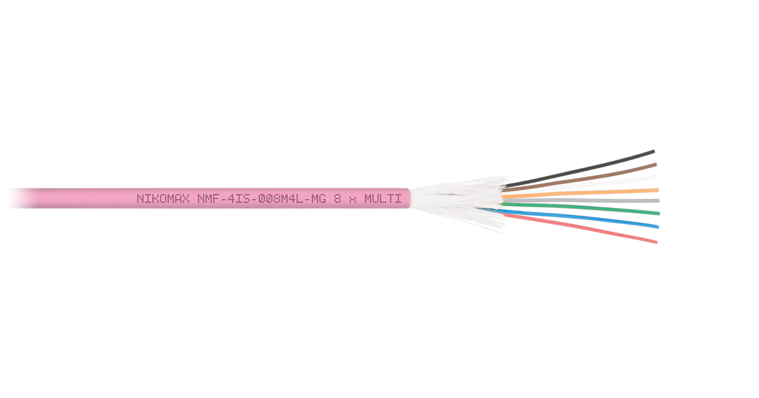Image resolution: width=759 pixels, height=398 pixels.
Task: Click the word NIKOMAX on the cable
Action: coord(163,198)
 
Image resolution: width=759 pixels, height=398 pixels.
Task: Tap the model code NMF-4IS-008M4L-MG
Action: coord(262,198)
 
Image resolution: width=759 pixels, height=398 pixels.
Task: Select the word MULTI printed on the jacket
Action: coord(383,198)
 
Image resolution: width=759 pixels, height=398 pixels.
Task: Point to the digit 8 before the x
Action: coord(337,198)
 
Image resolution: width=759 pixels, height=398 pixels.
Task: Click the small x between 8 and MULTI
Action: coord(353,200)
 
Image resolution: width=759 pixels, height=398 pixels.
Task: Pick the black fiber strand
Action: coord(579,168)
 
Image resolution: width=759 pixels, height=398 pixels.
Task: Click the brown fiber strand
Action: coord(580,177)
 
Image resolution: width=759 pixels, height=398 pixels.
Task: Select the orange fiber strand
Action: coord(581,193)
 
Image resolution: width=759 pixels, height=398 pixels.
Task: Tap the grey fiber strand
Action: coord(581,200)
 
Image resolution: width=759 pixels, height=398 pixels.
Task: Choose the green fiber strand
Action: coord(581,208)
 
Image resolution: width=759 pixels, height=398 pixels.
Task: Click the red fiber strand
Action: coord(581,228)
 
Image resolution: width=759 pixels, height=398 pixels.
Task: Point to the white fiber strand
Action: coord(581,184)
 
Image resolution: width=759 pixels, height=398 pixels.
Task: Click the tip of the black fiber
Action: coord(654,151)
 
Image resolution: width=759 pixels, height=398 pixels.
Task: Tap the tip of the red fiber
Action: coord(657,242)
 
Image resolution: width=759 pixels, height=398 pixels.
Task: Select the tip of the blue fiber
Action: coord(658,227)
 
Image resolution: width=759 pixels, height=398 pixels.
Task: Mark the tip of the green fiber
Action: coord(659,214)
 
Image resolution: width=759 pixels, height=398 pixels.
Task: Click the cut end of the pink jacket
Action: coord(409,198)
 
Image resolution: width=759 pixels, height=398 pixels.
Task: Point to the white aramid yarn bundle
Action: coord(457,202)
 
